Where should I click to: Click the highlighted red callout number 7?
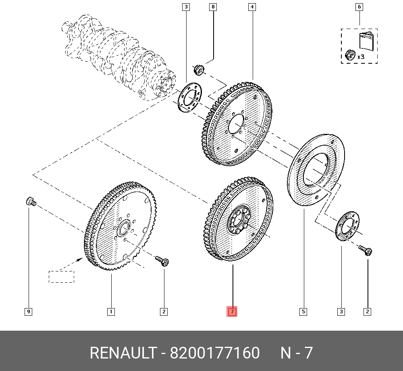click(232, 312)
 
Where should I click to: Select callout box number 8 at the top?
click(213, 7)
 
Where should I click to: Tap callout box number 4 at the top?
click(252, 7)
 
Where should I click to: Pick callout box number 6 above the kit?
click(359, 7)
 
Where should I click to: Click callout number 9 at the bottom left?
click(29, 312)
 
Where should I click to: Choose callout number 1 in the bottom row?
click(111, 312)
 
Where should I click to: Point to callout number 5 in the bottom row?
click(303, 312)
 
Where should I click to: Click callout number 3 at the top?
click(186, 7)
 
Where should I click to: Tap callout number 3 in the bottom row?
click(341, 312)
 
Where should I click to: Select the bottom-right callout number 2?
click(367, 312)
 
